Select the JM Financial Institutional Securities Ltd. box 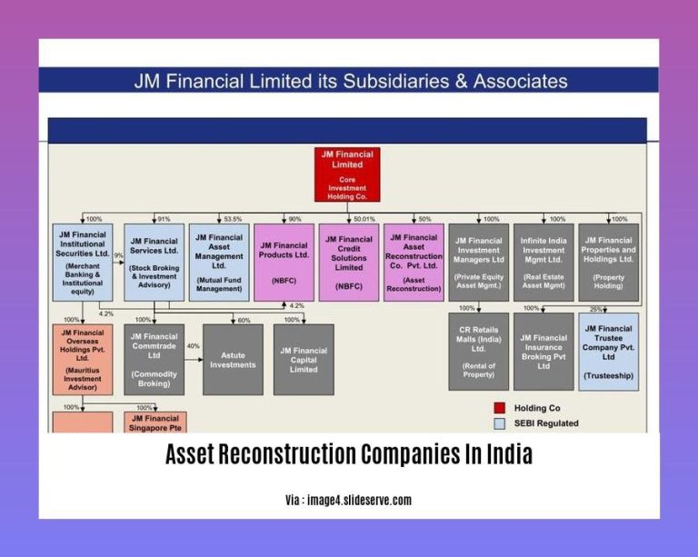tap(83, 263)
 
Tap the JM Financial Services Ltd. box tap(154, 263)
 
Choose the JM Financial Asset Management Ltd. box tap(218, 263)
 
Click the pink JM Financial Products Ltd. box tap(284, 263)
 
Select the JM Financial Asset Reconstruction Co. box tap(414, 263)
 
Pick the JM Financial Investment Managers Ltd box tap(479, 263)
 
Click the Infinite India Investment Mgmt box tap(543, 263)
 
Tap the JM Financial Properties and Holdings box tap(609, 263)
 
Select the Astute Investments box tap(233, 359)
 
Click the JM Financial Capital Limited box tap(304, 359)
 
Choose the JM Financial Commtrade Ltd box tap(154, 359)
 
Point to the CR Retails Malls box tap(479, 352)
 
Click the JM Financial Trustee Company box tap(609, 352)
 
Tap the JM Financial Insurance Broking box tap(543, 352)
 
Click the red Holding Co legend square tap(499, 408)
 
